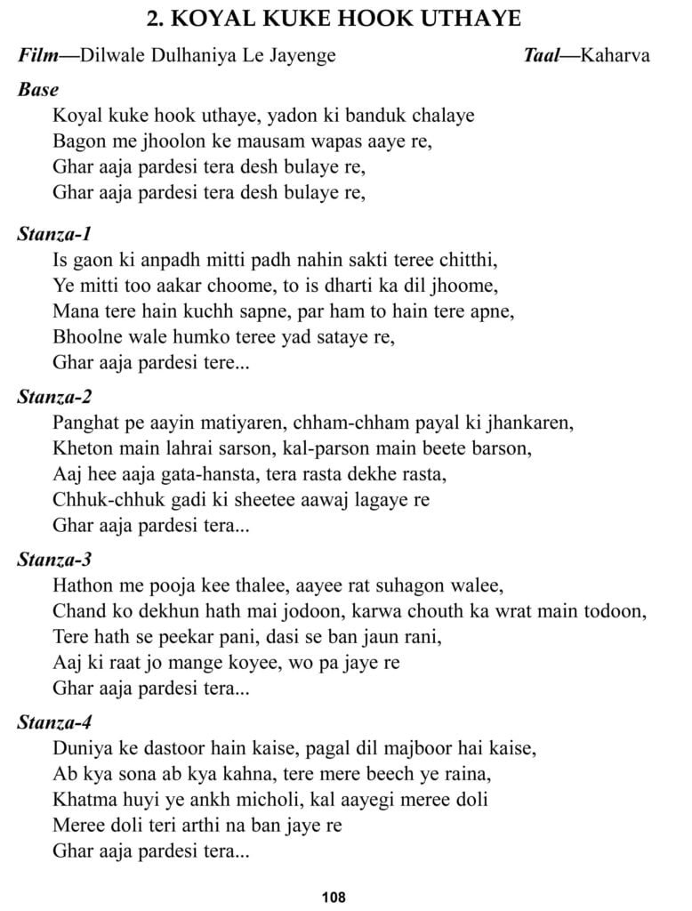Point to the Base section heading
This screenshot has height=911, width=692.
pos(38,89)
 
